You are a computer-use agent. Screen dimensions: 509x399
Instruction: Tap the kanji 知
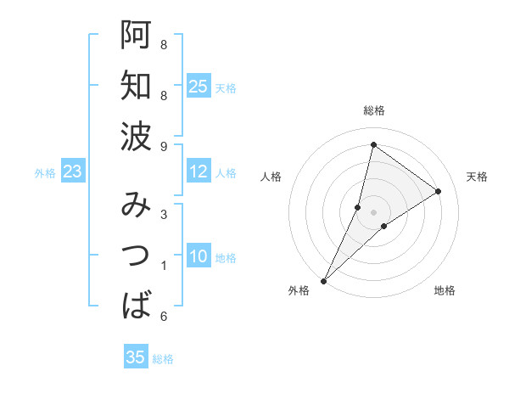tap(137, 86)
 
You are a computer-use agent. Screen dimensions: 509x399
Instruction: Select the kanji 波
tap(137, 135)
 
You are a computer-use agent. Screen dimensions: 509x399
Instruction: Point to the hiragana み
tap(137, 206)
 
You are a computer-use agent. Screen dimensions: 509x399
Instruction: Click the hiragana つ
tap(137, 256)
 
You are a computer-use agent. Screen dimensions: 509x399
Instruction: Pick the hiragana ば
tap(137, 305)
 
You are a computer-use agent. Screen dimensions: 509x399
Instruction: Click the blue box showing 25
tap(198, 87)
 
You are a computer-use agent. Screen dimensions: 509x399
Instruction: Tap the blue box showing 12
tap(198, 172)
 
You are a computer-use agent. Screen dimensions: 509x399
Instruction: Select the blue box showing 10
tap(198, 257)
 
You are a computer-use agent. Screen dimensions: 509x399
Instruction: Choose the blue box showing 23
tap(72, 172)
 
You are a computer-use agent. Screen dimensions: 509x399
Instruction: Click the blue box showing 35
tap(136, 357)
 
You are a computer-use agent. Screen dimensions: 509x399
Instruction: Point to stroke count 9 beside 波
tap(164, 147)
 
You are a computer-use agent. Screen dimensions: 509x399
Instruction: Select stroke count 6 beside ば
tap(164, 317)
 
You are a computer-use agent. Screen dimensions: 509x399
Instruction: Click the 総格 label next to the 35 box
tap(163, 359)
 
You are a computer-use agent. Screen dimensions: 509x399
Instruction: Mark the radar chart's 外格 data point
tap(323, 281)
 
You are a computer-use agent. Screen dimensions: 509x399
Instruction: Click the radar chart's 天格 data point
tap(439, 191)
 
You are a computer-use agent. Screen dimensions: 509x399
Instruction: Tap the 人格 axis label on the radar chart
tap(271, 177)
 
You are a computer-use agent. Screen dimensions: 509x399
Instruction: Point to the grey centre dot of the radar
tap(373, 212)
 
